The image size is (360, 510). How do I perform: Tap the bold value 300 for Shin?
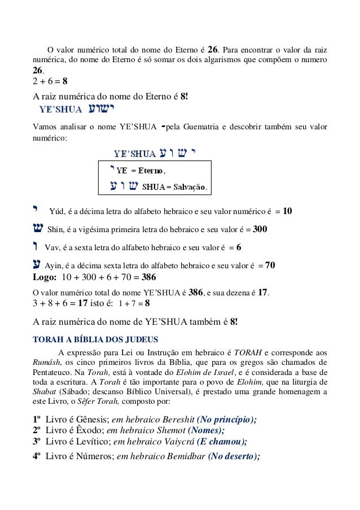point(260,230)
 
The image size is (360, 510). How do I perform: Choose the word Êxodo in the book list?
point(84,431)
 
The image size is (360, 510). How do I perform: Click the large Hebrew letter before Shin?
point(37,229)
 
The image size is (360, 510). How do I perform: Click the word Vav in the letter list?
point(51,248)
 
